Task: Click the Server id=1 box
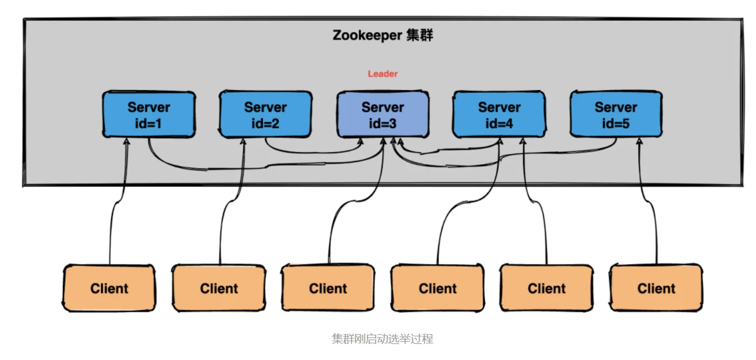[148, 114]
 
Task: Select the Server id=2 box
[265, 114]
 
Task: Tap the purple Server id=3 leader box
[383, 114]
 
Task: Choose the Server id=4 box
[499, 114]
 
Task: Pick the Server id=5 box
[616, 114]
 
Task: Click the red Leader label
[383, 74]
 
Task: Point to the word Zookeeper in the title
[367, 36]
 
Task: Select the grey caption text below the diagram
[382, 339]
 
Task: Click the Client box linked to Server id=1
[109, 288]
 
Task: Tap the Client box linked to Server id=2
[219, 288]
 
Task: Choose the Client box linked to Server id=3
[328, 288]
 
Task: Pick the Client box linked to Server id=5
[656, 288]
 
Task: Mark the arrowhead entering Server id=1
[127, 141]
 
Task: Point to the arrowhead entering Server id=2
[244, 141]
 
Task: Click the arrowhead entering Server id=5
[640, 141]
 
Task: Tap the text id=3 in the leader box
[383, 124]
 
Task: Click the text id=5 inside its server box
[616, 124]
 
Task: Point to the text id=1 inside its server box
[148, 124]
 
